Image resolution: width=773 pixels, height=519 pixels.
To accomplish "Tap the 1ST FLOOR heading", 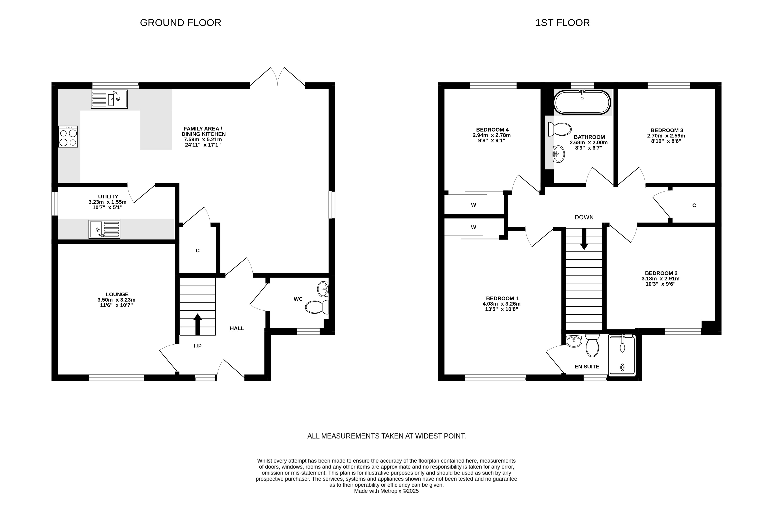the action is pyautogui.click(x=563, y=23).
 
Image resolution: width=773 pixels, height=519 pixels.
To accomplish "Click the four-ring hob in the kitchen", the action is pyautogui.click(x=68, y=136).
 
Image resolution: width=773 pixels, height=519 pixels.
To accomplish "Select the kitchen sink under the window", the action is pyautogui.click(x=109, y=99).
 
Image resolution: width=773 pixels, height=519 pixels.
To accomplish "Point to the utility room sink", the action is pyautogui.click(x=104, y=229).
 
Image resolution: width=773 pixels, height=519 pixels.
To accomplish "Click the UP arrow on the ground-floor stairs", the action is pyautogui.click(x=197, y=324).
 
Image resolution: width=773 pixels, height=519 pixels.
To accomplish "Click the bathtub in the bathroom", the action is pyautogui.click(x=582, y=102).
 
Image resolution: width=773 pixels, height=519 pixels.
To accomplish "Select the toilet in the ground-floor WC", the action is pyautogui.click(x=317, y=307).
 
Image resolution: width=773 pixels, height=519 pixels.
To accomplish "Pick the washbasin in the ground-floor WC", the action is pyautogui.click(x=323, y=289).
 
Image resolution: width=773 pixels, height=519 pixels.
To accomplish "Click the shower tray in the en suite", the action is pyautogui.click(x=622, y=355).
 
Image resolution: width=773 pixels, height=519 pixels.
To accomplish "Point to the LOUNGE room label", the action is pyautogui.click(x=117, y=294).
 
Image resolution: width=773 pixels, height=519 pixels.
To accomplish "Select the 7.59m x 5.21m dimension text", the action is pyautogui.click(x=203, y=139).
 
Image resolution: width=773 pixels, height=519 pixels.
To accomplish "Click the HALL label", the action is pyautogui.click(x=237, y=328).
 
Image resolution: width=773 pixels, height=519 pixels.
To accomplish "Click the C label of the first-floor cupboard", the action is pyautogui.click(x=694, y=205).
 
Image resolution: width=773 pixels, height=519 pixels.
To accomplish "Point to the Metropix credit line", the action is pyautogui.click(x=387, y=491).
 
